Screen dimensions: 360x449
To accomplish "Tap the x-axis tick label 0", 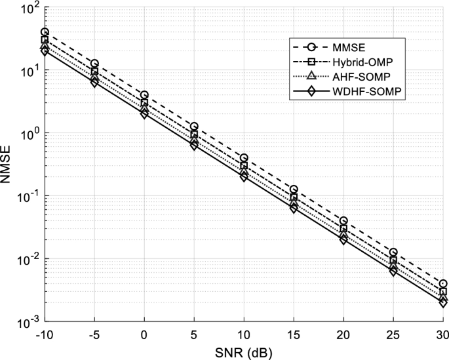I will click(x=144, y=333).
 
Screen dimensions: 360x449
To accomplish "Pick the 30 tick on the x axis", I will click(x=443, y=333).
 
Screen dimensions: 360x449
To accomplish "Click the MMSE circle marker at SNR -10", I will click(x=45, y=32).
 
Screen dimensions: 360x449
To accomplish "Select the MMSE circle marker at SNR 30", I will click(x=443, y=284).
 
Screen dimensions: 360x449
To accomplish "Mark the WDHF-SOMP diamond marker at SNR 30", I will click(x=443, y=303).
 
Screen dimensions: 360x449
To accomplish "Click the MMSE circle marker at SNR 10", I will click(x=244, y=158).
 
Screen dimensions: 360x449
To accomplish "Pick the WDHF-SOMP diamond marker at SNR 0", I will click(x=144, y=113).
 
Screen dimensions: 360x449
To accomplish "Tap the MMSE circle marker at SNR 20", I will click(x=343, y=221).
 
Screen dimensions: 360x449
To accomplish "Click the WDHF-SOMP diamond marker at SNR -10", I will click(x=45, y=51).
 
